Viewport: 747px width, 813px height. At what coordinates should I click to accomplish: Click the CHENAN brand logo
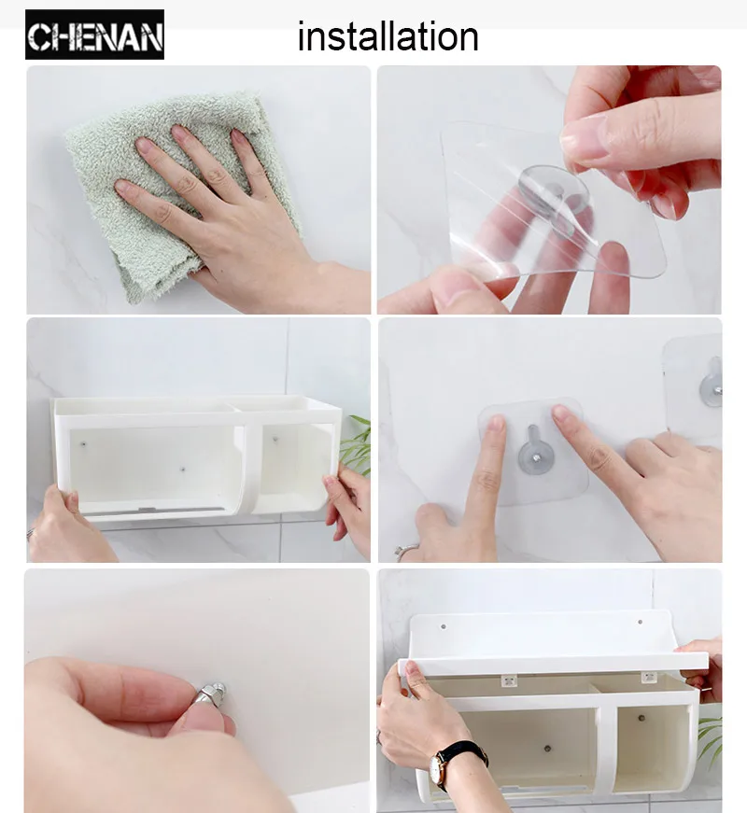coord(94,35)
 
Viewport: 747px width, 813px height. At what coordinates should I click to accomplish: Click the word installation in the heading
coord(388,36)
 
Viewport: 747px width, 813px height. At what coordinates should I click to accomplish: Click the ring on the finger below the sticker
coord(406,550)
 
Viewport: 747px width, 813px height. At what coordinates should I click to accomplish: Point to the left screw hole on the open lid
coord(443,626)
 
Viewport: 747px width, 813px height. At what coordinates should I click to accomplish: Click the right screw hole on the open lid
coord(640,622)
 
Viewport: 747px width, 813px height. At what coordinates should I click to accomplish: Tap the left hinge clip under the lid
coord(510,680)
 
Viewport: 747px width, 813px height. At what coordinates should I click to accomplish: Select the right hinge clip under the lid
coord(649,677)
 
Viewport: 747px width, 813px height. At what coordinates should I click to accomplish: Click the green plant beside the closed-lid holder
coord(356,444)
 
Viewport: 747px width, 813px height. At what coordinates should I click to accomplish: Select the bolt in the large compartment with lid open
coord(547,749)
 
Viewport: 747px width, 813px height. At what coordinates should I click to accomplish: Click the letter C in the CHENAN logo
coord(39,37)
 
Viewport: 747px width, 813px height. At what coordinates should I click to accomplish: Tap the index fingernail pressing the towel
coord(144,144)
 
